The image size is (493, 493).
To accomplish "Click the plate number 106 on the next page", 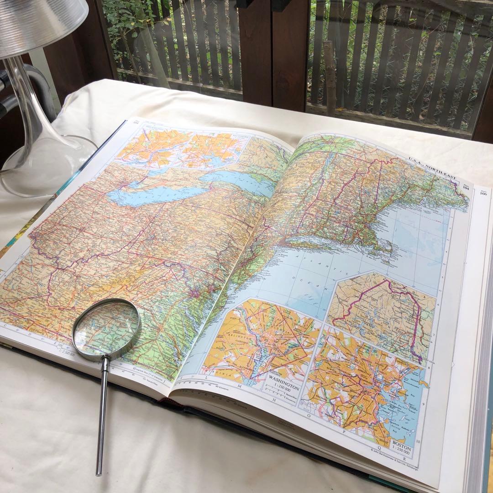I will point(483,193).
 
